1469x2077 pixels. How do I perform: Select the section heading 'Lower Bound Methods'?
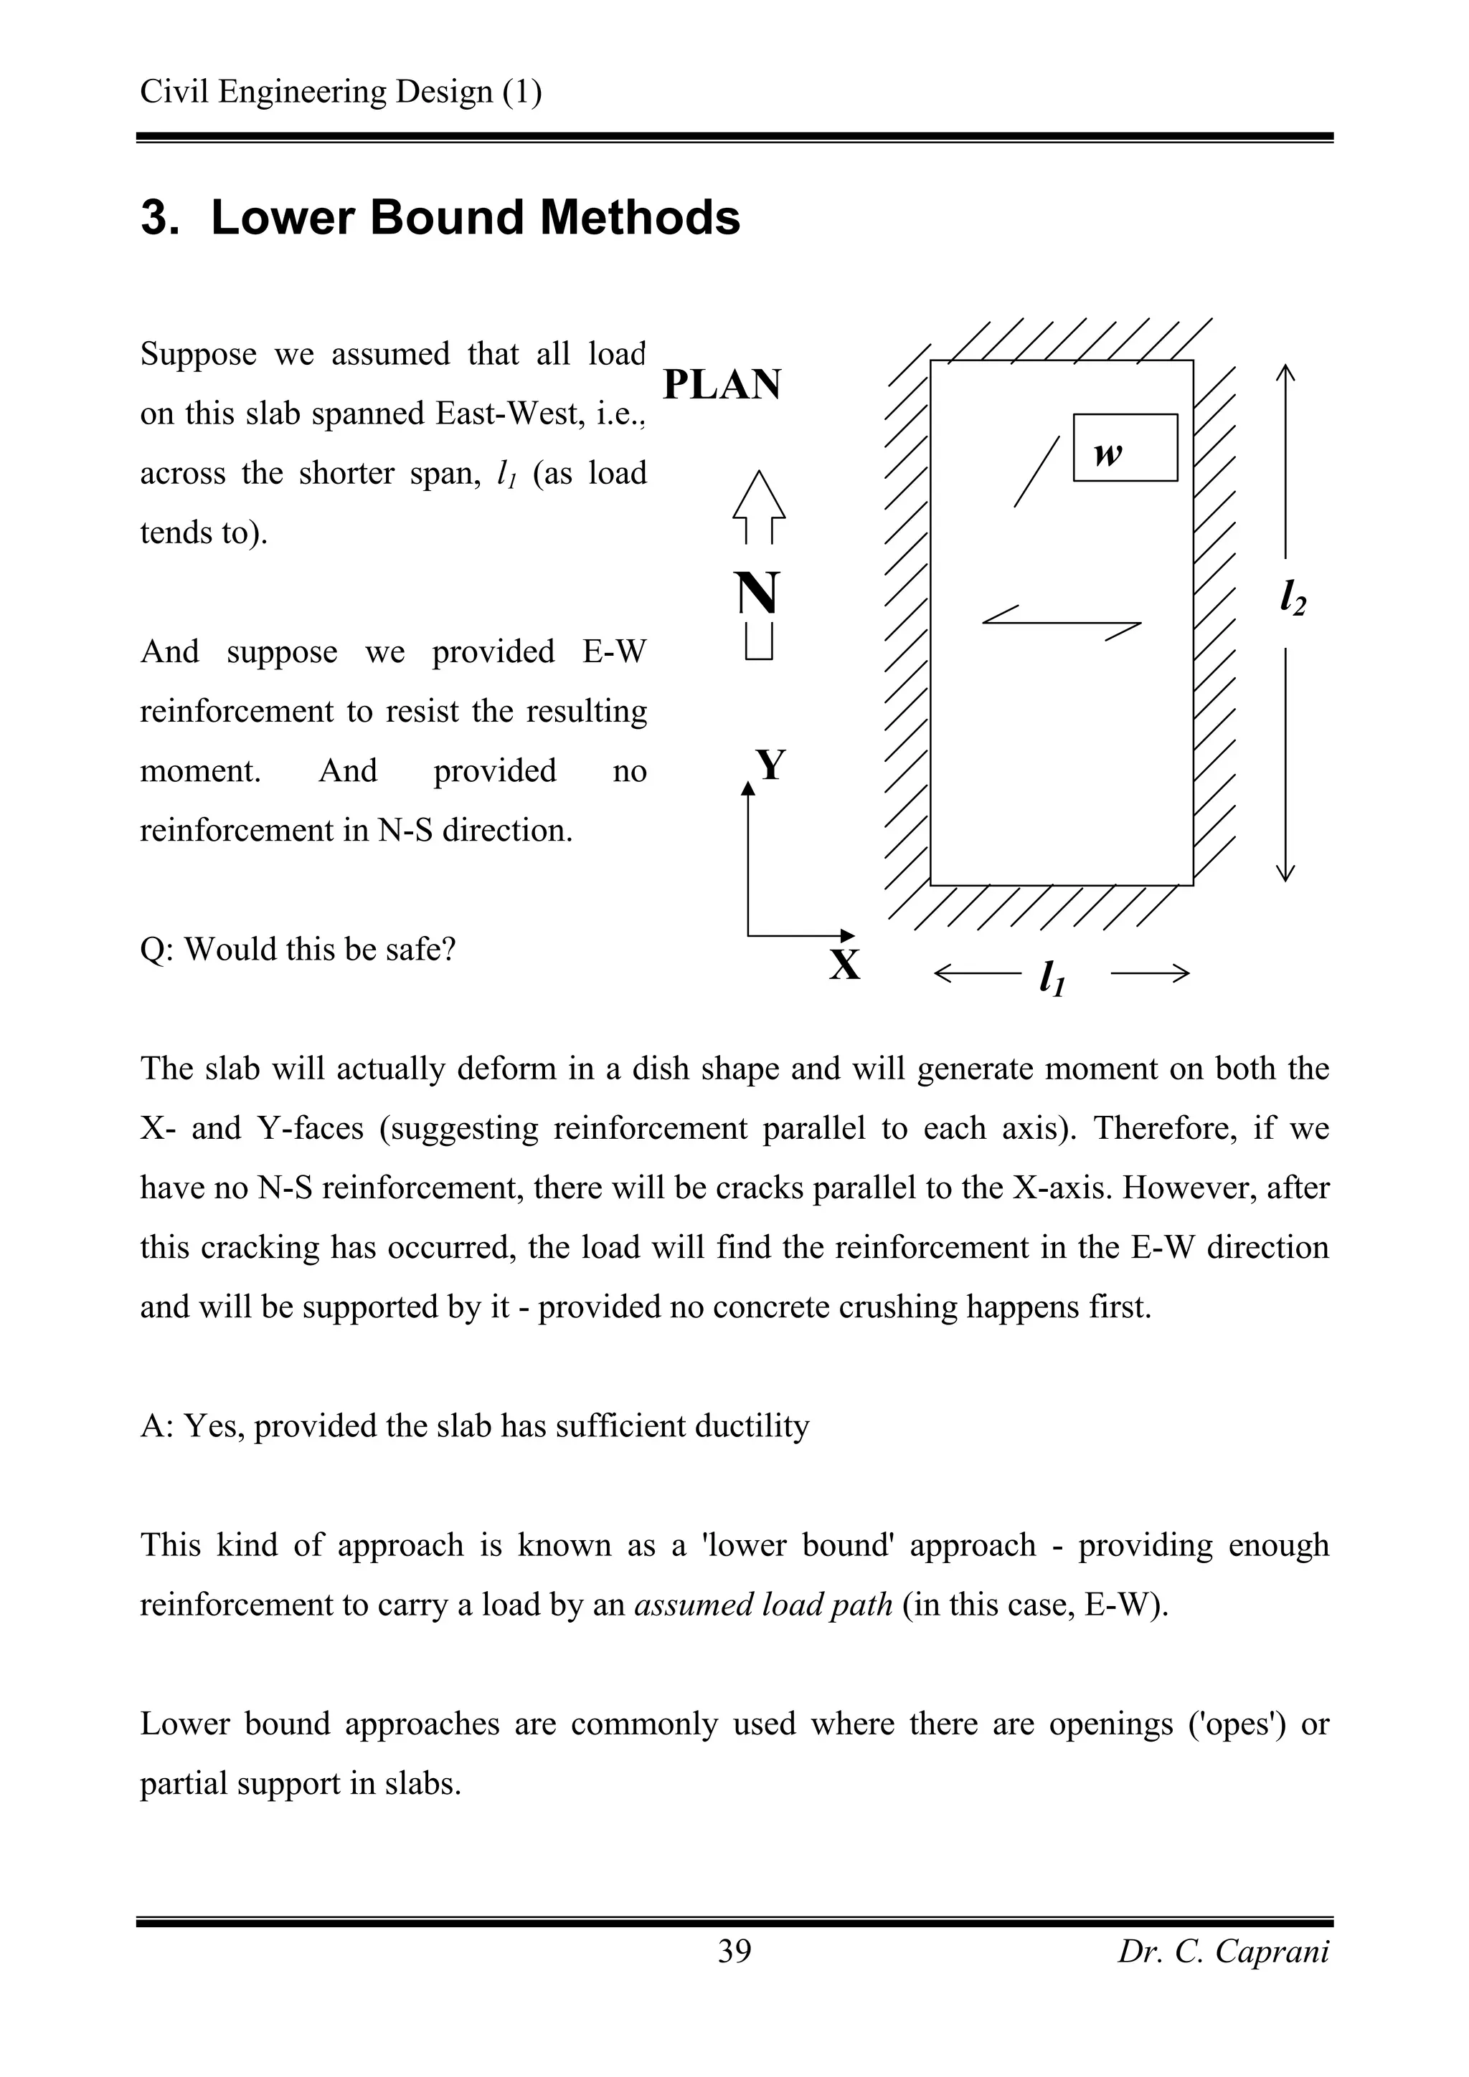point(475,218)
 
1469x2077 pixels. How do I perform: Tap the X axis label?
point(844,965)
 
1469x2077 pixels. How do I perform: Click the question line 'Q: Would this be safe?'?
point(298,949)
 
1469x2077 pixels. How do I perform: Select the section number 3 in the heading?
point(159,218)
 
